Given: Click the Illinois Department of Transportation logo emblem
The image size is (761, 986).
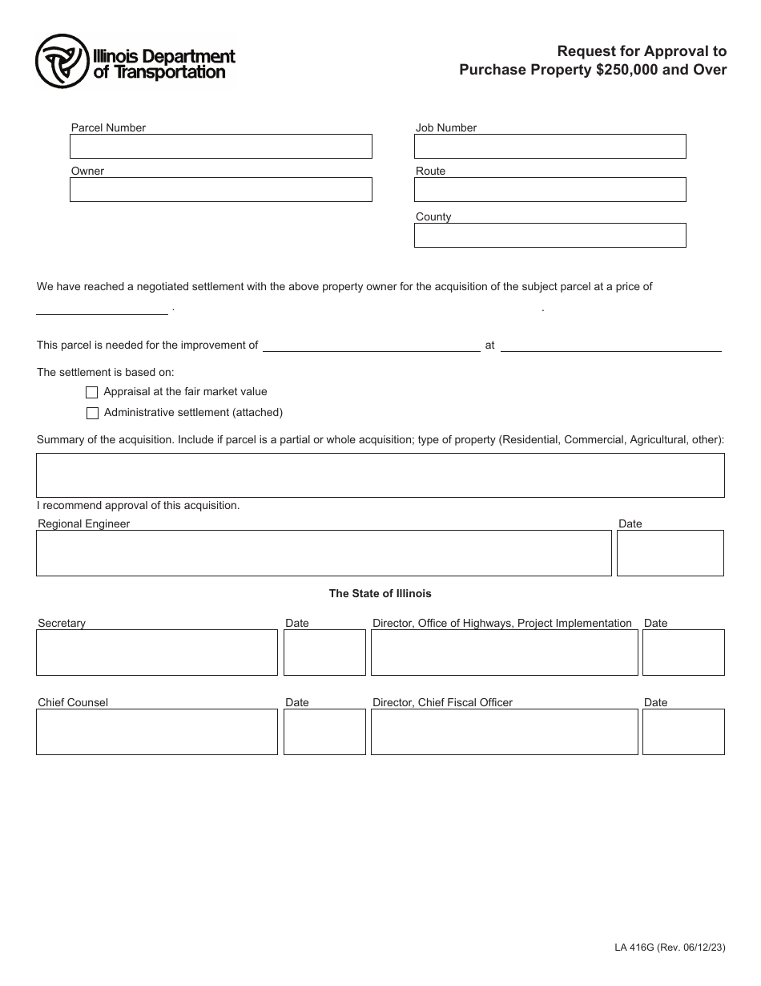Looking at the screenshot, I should click(x=61, y=61).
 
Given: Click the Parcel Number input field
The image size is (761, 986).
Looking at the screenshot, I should click(x=221, y=146).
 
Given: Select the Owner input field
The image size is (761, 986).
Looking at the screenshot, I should click(x=221, y=189).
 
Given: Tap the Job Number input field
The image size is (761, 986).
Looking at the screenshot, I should click(x=550, y=146).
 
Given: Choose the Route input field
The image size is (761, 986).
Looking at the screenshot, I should click(x=550, y=189).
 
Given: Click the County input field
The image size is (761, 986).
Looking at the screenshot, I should click(x=550, y=235).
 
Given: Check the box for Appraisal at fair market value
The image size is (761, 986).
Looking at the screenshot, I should click(x=92, y=393).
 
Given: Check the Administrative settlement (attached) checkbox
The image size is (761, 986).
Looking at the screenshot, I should click(x=92, y=414).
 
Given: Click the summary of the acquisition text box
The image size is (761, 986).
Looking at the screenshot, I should click(x=380, y=475).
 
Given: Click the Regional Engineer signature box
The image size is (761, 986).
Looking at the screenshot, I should click(x=324, y=553).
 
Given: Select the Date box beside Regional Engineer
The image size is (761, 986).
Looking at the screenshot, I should click(x=670, y=553).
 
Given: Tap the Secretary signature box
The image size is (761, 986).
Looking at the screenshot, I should click(x=157, y=653).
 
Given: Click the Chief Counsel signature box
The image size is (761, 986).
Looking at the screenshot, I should click(x=157, y=732).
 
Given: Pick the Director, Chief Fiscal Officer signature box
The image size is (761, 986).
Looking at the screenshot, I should click(x=505, y=732).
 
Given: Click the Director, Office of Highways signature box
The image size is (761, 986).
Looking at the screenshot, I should click(x=505, y=653).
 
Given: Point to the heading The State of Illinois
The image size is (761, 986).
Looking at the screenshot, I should click(x=380, y=594).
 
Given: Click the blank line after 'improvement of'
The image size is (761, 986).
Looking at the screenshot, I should click(x=371, y=346).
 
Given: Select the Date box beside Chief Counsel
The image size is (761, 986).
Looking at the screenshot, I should click(x=324, y=732).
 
